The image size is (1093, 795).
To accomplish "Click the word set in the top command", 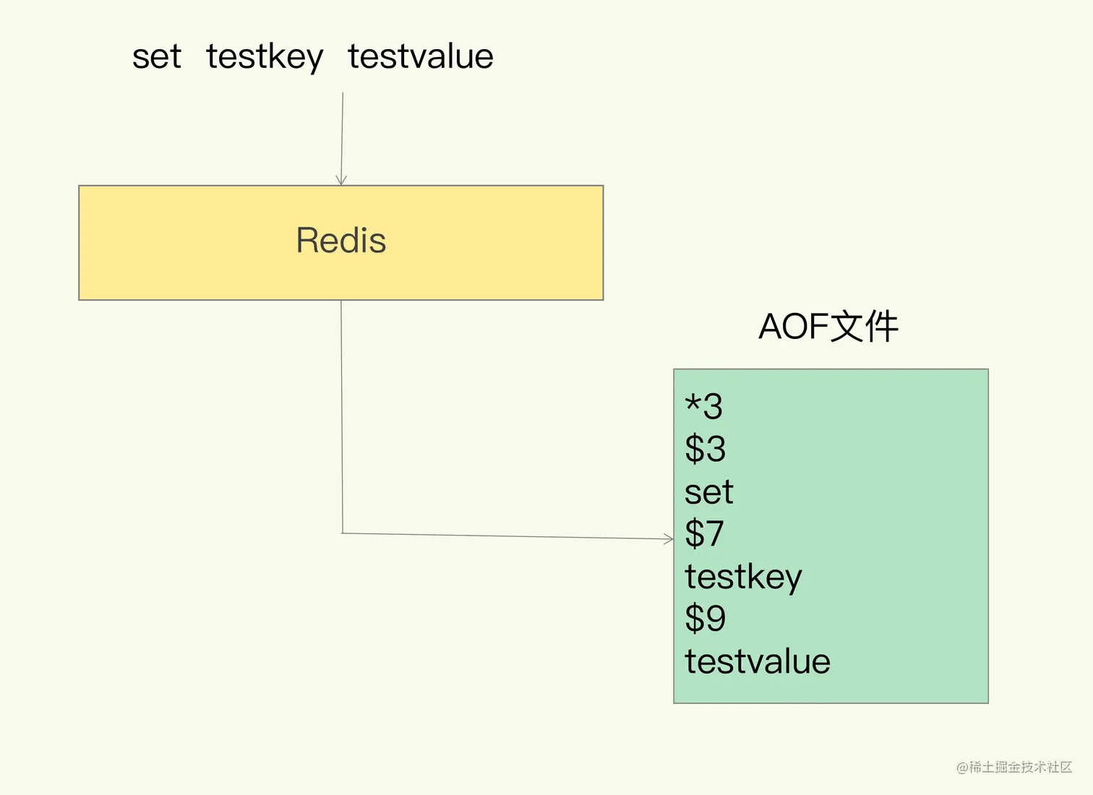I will [156, 57].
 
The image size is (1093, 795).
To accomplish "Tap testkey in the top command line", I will [265, 57].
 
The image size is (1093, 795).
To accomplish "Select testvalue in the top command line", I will [421, 57].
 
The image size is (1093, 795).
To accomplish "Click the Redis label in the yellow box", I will [341, 241].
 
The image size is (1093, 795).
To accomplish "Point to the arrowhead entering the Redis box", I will [341, 181].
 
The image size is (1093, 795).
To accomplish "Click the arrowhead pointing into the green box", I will [669, 538].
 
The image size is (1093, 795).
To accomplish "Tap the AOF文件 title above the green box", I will [828, 327].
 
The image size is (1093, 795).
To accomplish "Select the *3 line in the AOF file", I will [703, 406].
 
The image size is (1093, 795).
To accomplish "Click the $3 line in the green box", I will [705, 449].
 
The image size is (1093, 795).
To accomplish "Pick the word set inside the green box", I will [708, 492].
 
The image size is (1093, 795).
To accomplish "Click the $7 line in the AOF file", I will [704, 534].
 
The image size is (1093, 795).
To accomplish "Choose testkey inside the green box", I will [743, 577].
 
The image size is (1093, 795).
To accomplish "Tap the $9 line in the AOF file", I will [705, 619].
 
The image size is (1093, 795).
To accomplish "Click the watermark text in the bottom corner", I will [1013, 768].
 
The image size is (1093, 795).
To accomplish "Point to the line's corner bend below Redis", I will [342, 533].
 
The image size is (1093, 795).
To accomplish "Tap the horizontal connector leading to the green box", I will [506, 536].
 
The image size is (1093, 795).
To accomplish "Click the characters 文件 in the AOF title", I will [864, 327].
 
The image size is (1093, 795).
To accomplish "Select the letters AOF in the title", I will [793, 327].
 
